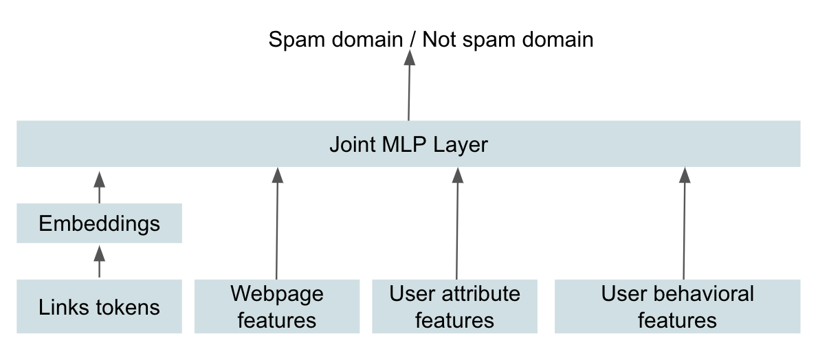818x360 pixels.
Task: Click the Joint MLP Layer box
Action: [408, 144]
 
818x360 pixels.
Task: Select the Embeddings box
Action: [99, 223]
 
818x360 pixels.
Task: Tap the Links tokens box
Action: [99, 306]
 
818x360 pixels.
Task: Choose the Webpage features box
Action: [276, 306]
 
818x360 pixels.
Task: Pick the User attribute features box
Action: [454, 306]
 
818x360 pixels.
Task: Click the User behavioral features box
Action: [677, 306]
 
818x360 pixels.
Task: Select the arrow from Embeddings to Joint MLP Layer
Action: [99, 188]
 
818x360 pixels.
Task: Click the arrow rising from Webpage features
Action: [277, 223]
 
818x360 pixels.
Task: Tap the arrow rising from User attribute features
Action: [457, 223]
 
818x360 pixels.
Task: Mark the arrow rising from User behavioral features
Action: [684, 223]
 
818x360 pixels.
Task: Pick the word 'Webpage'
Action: [276, 294]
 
